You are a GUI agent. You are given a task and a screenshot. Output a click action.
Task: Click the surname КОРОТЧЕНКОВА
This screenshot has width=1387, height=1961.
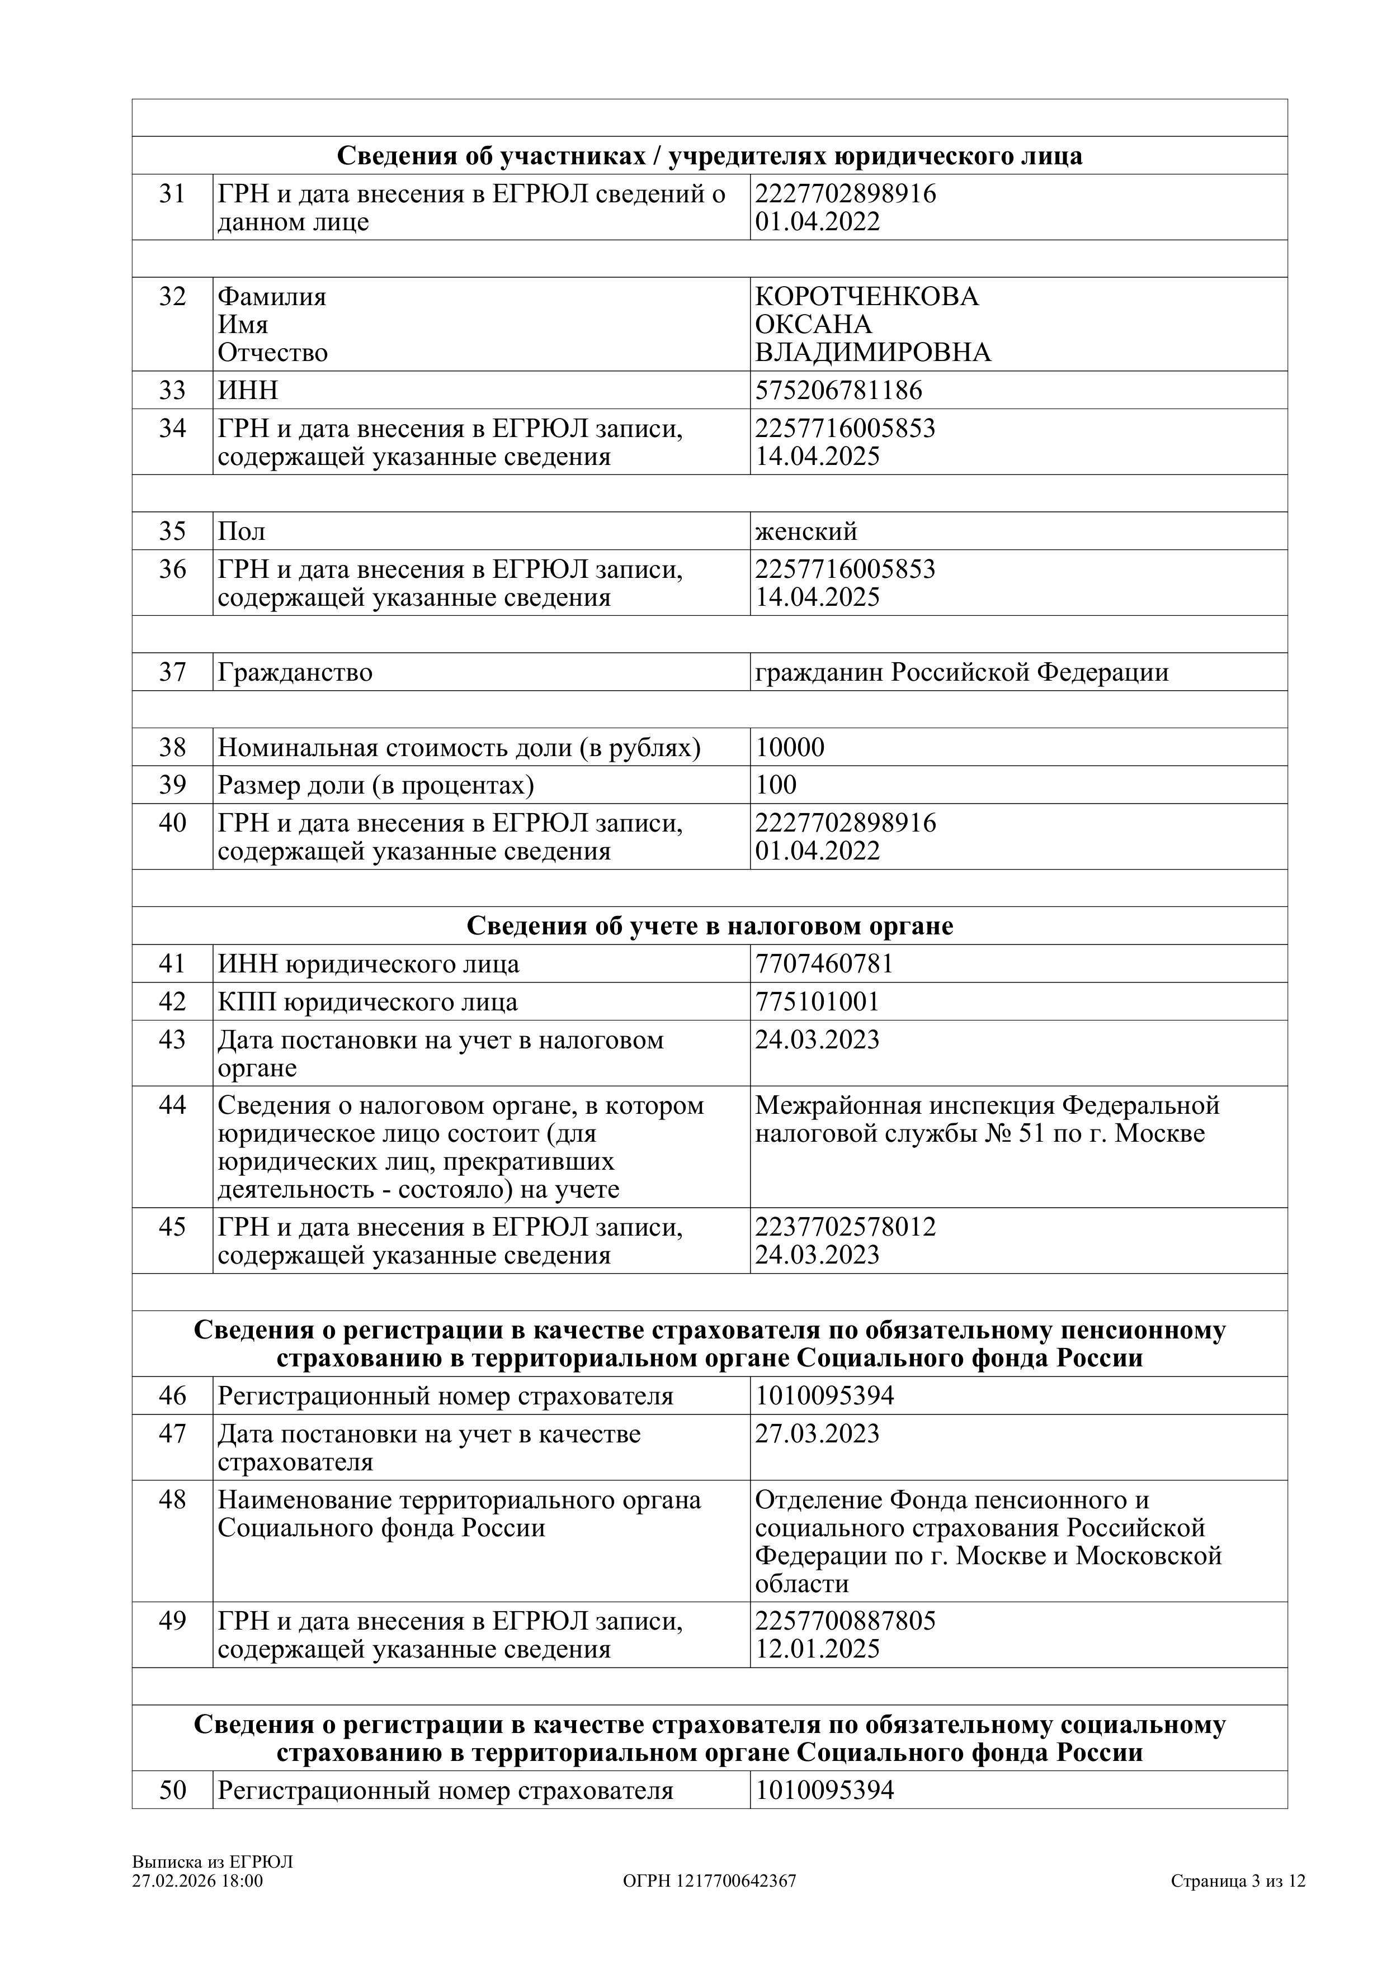tap(866, 296)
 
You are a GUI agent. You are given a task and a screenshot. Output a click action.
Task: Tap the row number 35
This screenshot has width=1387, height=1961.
tap(173, 531)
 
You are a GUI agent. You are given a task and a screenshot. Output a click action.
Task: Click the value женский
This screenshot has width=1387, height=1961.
tap(806, 531)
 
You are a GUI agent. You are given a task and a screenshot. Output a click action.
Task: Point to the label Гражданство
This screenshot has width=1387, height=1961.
tap(295, 672)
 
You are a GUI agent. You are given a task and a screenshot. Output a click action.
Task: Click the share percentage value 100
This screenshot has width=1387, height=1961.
tap(776, 785)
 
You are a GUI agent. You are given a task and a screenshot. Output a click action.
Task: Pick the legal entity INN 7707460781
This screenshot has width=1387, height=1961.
tap(824, 963)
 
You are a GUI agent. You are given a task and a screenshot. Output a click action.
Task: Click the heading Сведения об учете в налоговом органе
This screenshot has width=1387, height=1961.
tap(709, 926)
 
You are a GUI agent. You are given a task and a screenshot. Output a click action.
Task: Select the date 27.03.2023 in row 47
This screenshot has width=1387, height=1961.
tap(817, 1433)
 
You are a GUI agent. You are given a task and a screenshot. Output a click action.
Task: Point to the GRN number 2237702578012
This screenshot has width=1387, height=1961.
tap(845, 1227)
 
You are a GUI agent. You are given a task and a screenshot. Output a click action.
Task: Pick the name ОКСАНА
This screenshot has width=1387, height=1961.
tap(814, 325)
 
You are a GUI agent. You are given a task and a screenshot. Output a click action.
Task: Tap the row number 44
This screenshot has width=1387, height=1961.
tap(173, 1105)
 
